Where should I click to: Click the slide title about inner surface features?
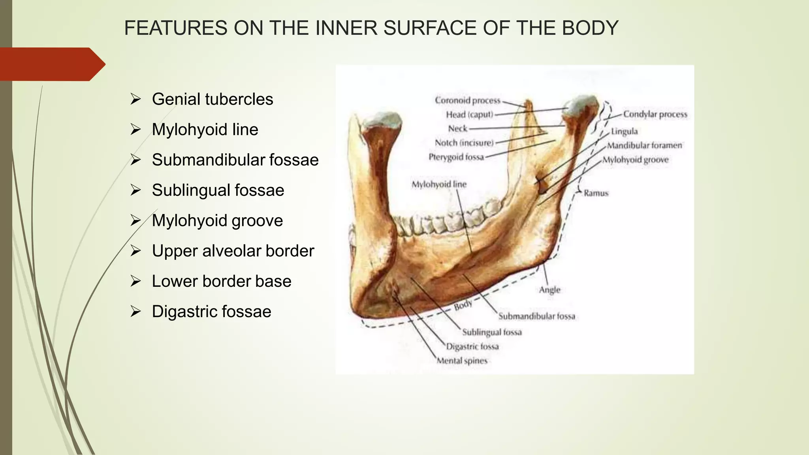(x=371, y=28)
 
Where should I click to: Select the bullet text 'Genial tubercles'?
(x=212, y=99)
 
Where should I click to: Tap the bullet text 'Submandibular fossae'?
(x=235, y=160)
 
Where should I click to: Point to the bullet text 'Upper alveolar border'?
(x=233, y=251)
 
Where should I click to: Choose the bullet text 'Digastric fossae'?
(x=211, y=312)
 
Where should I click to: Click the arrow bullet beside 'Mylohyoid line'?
(x=135, y=130)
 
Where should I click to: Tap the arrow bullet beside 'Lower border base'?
(x=135, y=281)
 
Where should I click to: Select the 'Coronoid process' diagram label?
(x=467, y=100)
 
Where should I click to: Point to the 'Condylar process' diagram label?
(x=655, y=114)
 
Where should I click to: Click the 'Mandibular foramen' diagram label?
(x=644, y=145)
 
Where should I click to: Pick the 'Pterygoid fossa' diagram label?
(x=456, y=157)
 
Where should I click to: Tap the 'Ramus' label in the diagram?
(x=596, y=193)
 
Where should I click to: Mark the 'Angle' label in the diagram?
(x=549, y=290)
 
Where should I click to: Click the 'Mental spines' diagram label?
(x=462, y=361)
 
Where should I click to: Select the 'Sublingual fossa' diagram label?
(x=492, y=332)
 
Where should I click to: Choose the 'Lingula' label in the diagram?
(x=624, y=131)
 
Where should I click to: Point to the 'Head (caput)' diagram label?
(x=469, y=115)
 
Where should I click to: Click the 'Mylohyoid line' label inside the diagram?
(x=438, y=184)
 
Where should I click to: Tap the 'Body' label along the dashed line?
(x=463, y=305)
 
